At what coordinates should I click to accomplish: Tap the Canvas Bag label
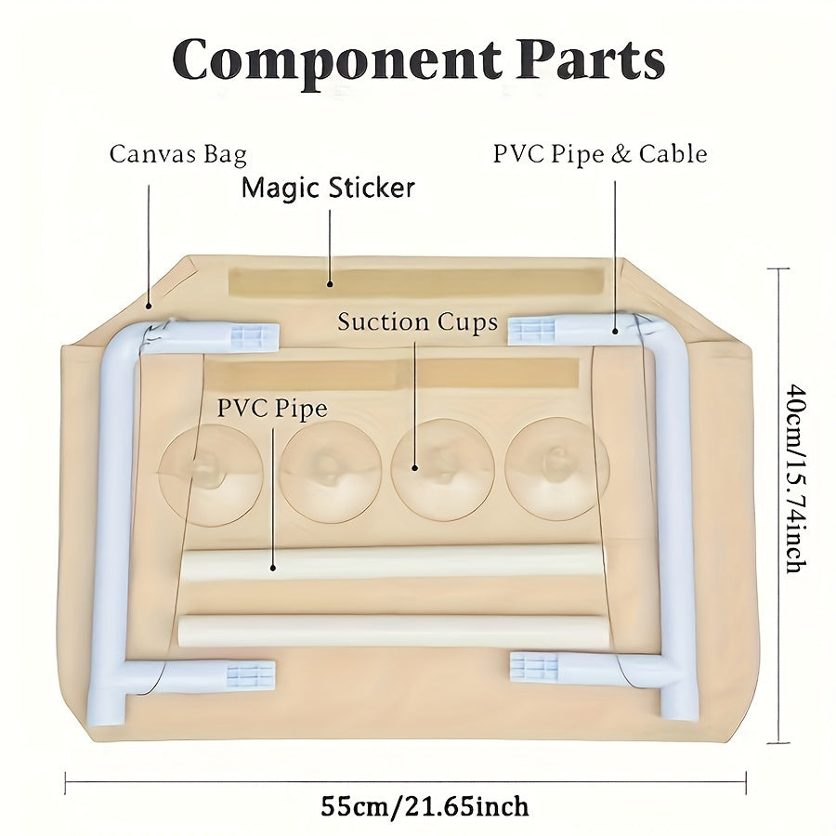click(177, 153)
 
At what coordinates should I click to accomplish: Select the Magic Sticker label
click(328, 188)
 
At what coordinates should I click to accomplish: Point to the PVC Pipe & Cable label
click(599, 153)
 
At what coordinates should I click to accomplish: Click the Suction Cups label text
click(417, 322)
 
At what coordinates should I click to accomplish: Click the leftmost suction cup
click(211, 475)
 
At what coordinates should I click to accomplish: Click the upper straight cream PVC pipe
click(390, 563)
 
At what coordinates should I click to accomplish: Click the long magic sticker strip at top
click(413, 282)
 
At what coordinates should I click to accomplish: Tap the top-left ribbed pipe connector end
click(253, 336)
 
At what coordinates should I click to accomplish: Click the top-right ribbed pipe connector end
click(533, 330)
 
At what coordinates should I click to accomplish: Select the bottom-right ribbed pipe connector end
click(535, 667)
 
